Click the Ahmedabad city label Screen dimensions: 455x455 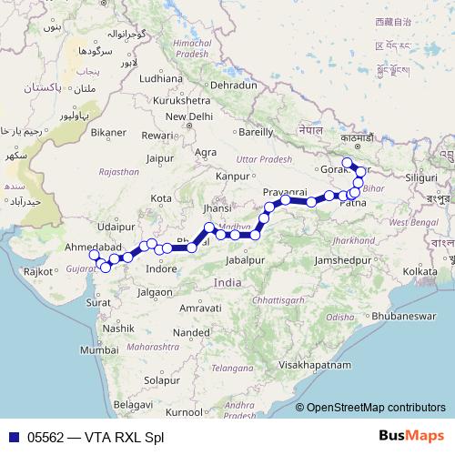[93, 247]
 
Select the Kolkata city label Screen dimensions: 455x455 [420, 271]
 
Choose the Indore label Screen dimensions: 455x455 [161, 269]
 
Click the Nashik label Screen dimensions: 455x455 [118, 328]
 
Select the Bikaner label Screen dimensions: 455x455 [107, 132]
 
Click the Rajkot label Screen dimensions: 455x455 [37, 271]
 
